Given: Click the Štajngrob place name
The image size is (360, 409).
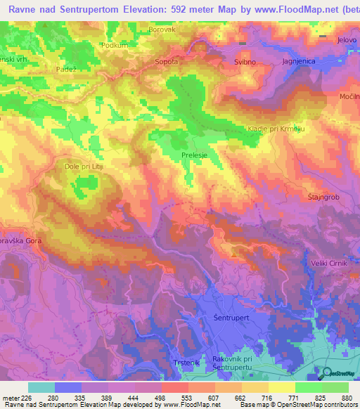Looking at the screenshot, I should click(x=323, y=197).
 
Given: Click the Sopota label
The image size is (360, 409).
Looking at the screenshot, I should click(x=167, y=62).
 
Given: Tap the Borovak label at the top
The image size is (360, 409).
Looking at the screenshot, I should click(x=161, y=30).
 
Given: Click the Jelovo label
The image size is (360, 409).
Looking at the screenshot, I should click(x=347, y=40).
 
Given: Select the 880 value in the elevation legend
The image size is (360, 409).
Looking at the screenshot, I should click(x=346, y=397).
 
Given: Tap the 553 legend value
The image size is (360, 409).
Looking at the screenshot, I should click(x=186, y=397).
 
